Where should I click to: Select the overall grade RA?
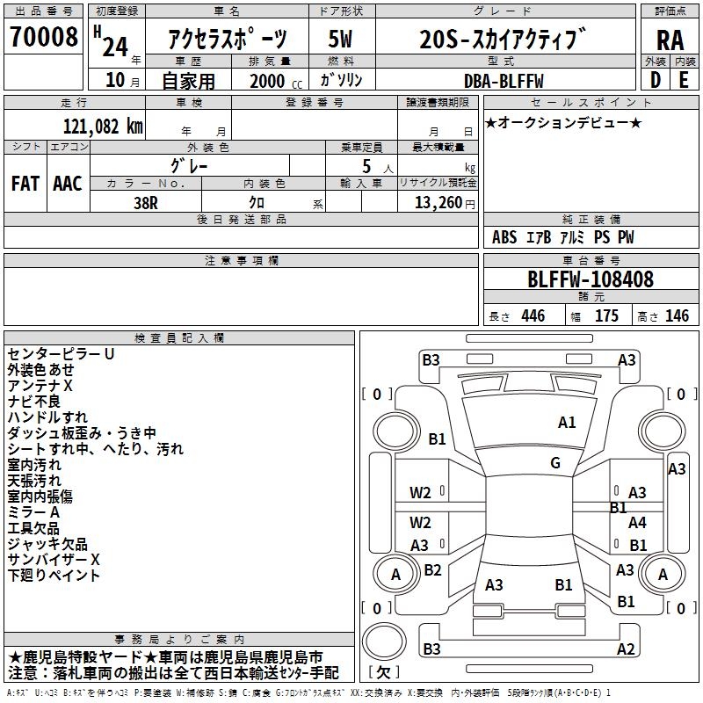pos(670,40)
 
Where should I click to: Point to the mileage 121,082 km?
pos(104,126)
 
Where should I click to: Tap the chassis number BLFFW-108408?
pos(591,279)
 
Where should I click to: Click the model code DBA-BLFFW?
pos(504,81)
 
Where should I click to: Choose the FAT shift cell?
pos(25,183)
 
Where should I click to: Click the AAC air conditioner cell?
pos(68,183)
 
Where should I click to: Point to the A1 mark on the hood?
pos(567,423)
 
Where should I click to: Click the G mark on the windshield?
pos(555,462)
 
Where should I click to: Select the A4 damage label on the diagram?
pos(637,522)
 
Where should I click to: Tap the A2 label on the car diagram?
pos(626,649)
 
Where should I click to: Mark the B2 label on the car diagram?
pos(432,569)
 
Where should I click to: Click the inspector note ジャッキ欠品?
pos(47,544)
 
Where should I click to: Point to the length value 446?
pos(533,316)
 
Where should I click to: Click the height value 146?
pos(677,316)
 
